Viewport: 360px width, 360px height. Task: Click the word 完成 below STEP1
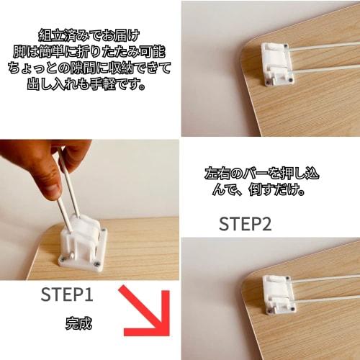pos(77,323)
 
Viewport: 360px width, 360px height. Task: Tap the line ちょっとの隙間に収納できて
pos(90,68)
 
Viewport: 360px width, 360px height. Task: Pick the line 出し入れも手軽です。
pos(90,86)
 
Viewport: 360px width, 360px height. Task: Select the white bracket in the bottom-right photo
pos(276,295)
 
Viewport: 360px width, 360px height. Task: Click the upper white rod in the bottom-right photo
pos(324,277)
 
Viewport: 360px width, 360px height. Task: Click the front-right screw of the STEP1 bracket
pos(95,264)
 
